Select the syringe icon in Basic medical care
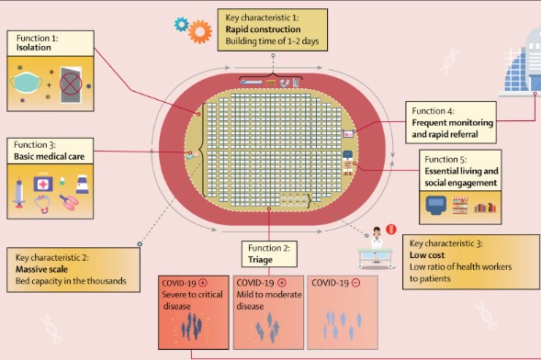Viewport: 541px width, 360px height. click(22, 190)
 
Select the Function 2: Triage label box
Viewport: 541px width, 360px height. click(268, 253)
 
